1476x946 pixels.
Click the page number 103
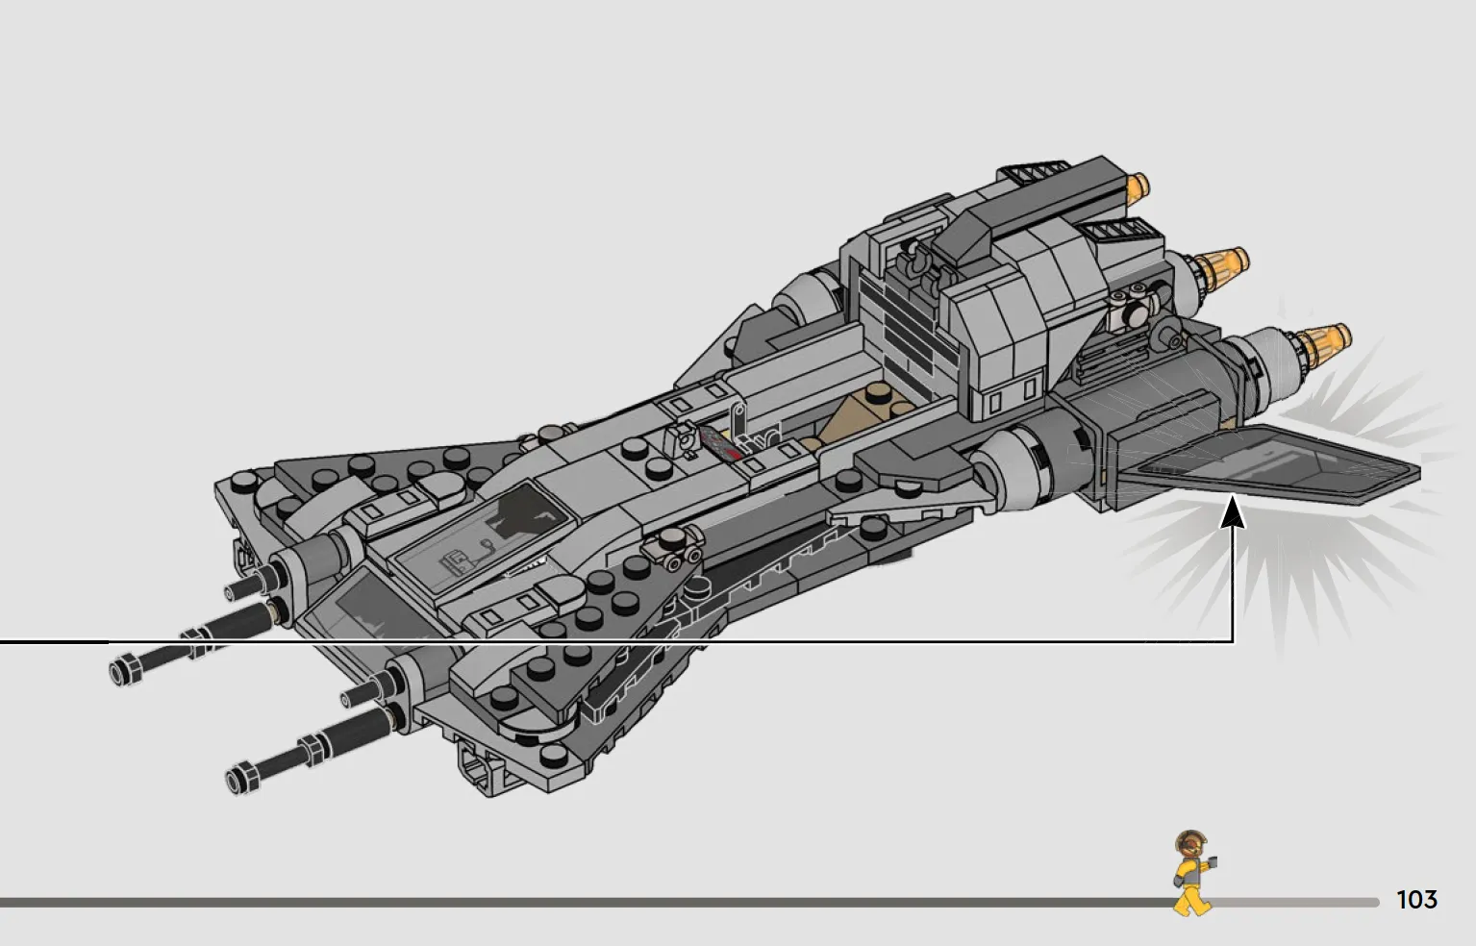(1416, 899)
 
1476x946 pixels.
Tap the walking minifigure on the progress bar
(1192, 874)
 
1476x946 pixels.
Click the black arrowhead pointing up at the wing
(1233, 513)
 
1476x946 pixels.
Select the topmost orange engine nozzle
(1138, 186)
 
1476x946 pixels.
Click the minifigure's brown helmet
(1190, 843)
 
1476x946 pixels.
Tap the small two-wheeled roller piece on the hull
(673, 548)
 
